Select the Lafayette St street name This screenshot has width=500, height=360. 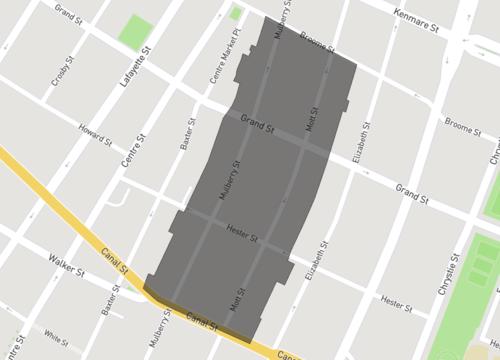click(x=135, y=63)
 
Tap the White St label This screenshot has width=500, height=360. click(x=56, y=337)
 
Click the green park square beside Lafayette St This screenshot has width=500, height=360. click(x=136, y=32)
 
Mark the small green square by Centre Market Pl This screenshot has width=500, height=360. click(x=236, y=14)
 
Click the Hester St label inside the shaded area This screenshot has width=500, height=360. click(x=243, y=236)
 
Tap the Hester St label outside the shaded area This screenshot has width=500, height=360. click(x=396, y=304)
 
